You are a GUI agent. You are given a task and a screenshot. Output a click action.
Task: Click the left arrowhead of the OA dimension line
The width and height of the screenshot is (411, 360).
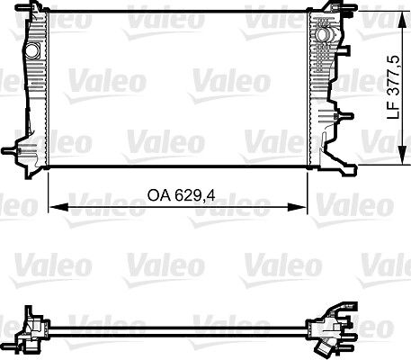[51, 207]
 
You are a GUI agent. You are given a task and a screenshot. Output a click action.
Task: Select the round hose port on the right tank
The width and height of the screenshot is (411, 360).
[320, 33]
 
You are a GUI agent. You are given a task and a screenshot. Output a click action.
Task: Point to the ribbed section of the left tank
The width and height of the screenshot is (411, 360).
[36, 99]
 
